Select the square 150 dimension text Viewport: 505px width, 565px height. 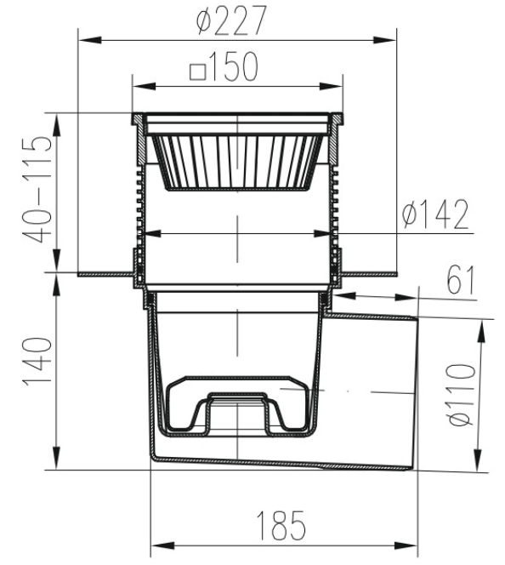[224, 69]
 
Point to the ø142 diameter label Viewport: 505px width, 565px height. [435, 216]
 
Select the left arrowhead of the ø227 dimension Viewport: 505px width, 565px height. [86, 38]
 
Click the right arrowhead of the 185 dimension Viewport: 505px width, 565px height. [414, 545]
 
